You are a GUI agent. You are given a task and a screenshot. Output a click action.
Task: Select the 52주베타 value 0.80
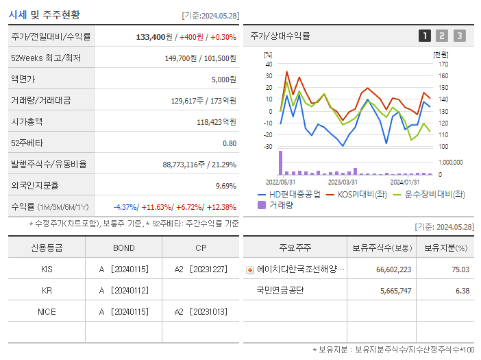click(x=229, y=143)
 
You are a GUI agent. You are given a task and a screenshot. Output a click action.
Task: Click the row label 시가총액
click(x=27, y=122)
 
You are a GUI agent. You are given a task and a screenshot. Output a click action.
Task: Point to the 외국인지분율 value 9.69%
click(x=225, y=186)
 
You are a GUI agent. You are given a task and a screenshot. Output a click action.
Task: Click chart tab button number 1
click(x=425, y=36)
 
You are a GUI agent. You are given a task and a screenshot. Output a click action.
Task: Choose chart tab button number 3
click(x=459, y=36)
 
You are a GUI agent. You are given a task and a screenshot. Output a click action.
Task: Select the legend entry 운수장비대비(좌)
click(x=430, y=194)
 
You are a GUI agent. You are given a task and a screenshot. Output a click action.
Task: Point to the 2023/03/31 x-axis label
click(x=343, y=182)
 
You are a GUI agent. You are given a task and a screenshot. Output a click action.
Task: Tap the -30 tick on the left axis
click(x=268, y=146)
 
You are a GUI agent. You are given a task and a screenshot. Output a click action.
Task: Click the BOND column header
click(x=123, y=248)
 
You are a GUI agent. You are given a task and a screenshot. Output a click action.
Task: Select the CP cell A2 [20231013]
click(x=200, y=311)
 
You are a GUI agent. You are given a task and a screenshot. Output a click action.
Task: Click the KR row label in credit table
click(x=47, y=290)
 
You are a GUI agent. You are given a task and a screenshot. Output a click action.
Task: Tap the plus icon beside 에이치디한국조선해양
click(x=250, y=269)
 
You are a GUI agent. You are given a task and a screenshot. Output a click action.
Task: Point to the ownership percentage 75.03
click(x=460, y=269)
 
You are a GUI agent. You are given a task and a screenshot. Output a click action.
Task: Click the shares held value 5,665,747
click(x=393, y=290)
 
